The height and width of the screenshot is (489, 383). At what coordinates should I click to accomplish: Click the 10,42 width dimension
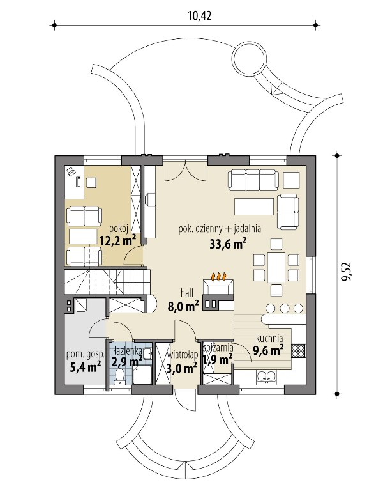click(x=200, y=15)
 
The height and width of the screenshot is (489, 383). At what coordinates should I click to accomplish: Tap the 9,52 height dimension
click(x=346, y=272)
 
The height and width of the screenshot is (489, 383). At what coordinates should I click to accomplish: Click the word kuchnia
click(x=269, y=338)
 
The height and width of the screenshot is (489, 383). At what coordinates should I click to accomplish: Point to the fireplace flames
click(x=218, y=276)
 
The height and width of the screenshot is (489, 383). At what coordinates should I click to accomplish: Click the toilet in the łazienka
click(x=119, y=376)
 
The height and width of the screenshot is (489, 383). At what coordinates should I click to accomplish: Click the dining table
click(x=276, y=267)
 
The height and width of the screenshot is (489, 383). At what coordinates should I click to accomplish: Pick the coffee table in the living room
click(x=254, y=206)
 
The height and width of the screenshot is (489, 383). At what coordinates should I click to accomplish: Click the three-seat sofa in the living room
click(x=253, y=180)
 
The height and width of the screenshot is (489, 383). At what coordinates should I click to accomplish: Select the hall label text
click(x=187, y=293)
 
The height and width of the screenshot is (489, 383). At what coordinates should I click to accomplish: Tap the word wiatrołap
click(x=183, y=355)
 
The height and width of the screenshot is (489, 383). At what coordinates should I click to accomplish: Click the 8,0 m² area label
click(x=183, y=307)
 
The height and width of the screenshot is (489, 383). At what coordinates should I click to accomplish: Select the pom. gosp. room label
click(x=86, y=355)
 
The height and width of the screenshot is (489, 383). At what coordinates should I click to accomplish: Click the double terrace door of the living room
click(x=185, y=171)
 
